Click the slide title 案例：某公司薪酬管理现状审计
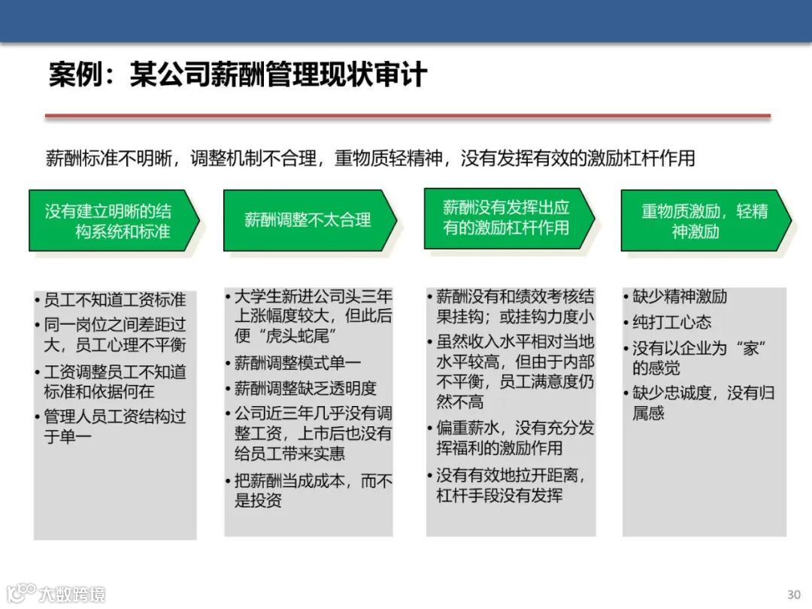point(238,75)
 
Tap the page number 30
point(793,594)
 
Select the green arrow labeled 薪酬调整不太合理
point(308,220)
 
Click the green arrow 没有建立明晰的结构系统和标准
point(113,220)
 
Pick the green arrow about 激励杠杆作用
point(507,218)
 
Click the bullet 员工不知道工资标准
point(114,300)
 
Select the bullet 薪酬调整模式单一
point(298,363)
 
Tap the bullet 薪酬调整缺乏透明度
point(305,388)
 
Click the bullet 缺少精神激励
point(679,297)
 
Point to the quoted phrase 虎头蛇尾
point(296,335)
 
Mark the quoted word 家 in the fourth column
point(749,348)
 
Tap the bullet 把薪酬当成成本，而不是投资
point(313,490)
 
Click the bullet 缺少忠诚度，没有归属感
point(702,402)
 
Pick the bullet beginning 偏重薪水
point(514,438)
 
